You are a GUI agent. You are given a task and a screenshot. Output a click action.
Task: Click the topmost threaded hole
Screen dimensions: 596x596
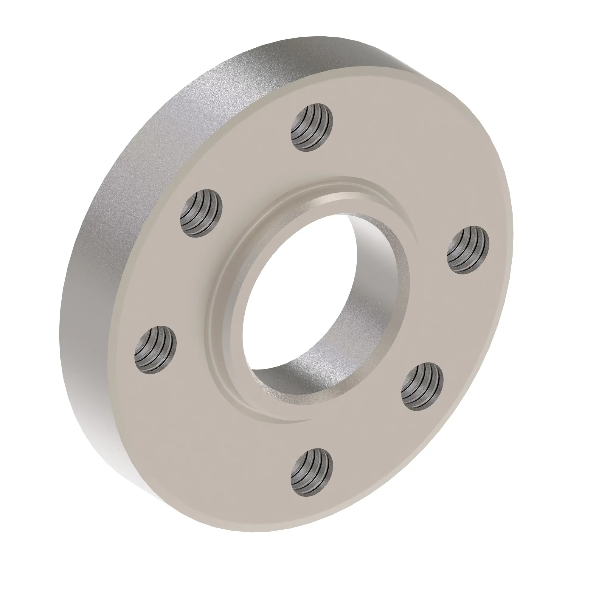(x=312, y=128)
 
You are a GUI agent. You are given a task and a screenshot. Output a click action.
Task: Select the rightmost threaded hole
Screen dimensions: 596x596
(x=468, y=250)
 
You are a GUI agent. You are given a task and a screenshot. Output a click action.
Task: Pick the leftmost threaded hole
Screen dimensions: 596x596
(x=156, y=350)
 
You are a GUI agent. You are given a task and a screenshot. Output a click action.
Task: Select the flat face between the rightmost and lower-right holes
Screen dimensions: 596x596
(x=454, y=321)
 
